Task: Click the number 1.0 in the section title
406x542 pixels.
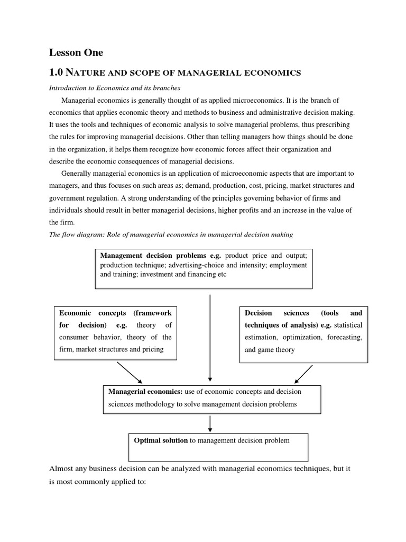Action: click(57, 72)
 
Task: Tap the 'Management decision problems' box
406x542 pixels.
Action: click(204, 269)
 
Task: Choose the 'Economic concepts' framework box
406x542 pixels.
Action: click(116, 332)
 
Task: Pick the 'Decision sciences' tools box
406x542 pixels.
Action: click(303, 333)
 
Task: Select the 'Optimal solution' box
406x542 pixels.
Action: click(218, 447)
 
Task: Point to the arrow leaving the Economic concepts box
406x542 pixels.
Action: click(130, 372)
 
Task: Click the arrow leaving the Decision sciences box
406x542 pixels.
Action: click(303, 373)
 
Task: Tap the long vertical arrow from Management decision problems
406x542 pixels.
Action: click(210, 338)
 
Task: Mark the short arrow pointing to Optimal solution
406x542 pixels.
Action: click(210, 423)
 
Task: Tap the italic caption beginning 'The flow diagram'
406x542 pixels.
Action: click(171, 234)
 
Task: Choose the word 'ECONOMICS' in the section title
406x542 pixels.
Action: click(270, 73)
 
